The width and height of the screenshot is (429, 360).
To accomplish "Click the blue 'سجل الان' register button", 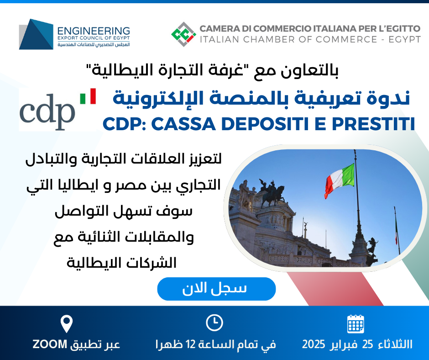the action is (x=216, y=289).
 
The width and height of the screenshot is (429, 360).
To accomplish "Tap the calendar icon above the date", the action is (x=356, y=324).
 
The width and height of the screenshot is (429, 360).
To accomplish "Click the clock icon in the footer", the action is (x=214, y=323).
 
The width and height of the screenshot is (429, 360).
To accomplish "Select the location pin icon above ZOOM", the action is (x=67, y=324).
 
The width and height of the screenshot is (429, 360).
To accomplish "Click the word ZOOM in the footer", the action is (x=50, y=344).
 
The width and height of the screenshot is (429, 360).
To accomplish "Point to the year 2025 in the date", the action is (x=314, y=344).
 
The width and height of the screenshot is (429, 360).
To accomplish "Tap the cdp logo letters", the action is (x=47, y=112).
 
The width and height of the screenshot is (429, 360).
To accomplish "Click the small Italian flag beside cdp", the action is (x=88, y=96).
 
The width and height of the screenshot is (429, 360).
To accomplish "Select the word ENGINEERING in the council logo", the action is (x=94, y=31).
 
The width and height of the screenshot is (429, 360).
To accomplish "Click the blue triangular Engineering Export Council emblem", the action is (x=36, y=34).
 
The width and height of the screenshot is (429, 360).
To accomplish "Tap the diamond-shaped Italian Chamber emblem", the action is (x=183, y=34).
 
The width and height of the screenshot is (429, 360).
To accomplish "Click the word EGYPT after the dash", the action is (x=405, y=39).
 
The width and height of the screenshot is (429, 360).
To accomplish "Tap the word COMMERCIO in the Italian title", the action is (x=284, y=28).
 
